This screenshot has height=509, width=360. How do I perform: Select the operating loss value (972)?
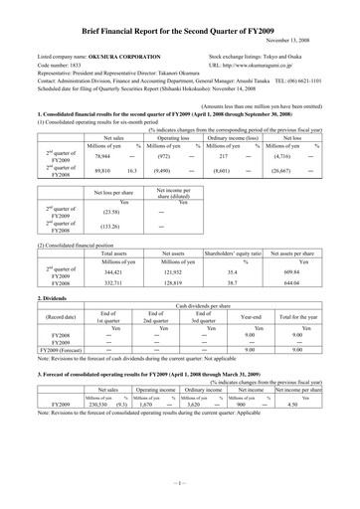157,157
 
